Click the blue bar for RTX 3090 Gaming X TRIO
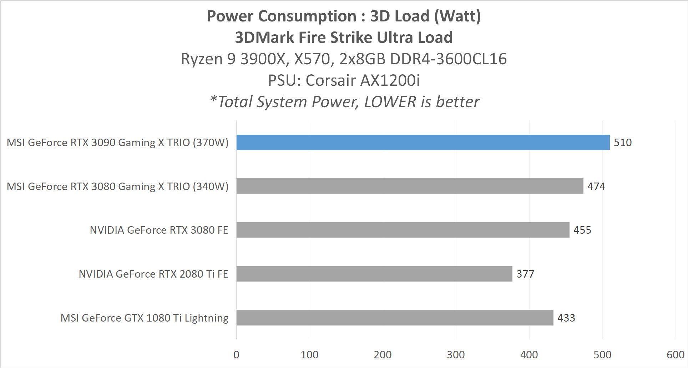(x=423, y=142)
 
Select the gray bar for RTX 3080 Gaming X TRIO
(x=410, y=186)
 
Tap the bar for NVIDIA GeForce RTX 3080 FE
(x=403, y=230)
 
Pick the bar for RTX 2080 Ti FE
(x=374, y=274)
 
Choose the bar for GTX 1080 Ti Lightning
(x=395, y=318)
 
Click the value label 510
(x=623, y=143)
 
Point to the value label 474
(x=596, y=187)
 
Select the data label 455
(x=582, y=230)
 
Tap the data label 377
(x=525, y=274)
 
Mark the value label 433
(x=566, y=318)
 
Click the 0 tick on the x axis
(x=236, y=355)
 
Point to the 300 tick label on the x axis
(x=456, y=355)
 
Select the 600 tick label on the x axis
(x=675, y=355)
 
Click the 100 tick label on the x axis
(x=309, y=355)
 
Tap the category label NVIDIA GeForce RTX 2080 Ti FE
(x=153, y=274)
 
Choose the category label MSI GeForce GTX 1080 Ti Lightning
(x=144, y=318)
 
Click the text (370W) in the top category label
(x=211, y=143)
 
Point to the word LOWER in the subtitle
(x=390, y=102)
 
